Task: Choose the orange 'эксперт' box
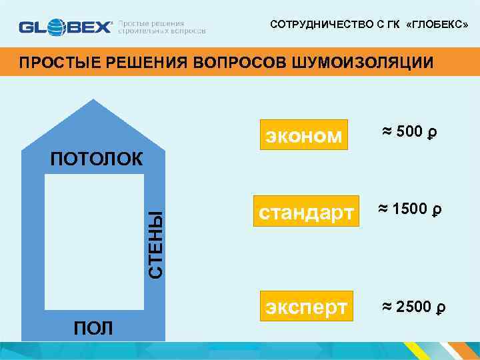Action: click(x=306, y=307)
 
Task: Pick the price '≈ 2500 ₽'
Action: click(x=413, y=306)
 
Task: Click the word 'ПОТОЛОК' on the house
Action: click(x=96, y=159)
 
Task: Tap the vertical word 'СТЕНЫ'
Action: click(x=155, y=245)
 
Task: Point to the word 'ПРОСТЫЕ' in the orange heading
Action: click(x=51, y=63)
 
